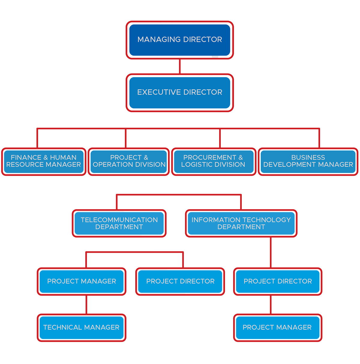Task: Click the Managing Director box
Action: coord(180,40)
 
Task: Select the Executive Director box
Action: coord(180,93)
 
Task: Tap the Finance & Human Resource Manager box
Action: coord(44,161)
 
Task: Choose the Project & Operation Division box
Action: coord(129,161)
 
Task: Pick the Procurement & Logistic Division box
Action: coord(213,161)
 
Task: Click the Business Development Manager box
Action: coord(308,161)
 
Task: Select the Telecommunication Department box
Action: coord(119,223)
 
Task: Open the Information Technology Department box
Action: coord(241,223)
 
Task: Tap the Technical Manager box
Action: coord(81,327)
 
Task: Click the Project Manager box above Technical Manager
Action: coord(81,281)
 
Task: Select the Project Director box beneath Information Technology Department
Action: coord(277,281)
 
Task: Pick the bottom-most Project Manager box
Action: coord(277,327)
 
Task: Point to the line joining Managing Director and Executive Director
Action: coord(180,66)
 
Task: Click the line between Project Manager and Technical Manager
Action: coord(86,305)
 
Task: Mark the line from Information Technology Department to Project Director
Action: coord(271,252)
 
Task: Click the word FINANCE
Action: coord(26,157)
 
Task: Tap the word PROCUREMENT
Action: coord(210,157)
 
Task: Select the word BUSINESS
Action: coord(308,157)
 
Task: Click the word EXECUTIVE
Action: coord(156,92)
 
